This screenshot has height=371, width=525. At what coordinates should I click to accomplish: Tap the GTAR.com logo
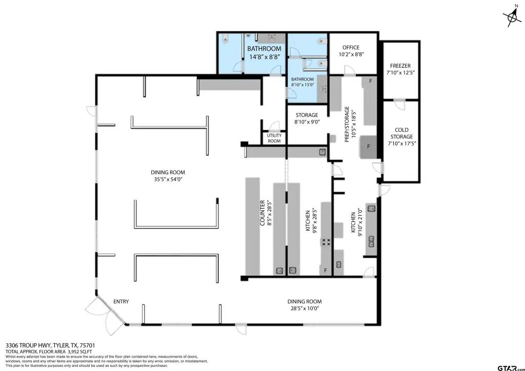(x=510, y=367)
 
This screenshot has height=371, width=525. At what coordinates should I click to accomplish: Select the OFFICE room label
(x=351, y=48)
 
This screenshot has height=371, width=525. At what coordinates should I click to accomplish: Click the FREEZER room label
(x=400, y=66)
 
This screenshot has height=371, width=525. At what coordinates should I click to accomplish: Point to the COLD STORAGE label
(x=401, y=133)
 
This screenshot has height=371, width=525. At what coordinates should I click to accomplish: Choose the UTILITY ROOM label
(x=274, y=138)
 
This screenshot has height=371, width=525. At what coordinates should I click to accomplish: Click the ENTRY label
(x=121, y=301)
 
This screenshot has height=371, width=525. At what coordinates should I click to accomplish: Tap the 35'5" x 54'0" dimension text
(x=168, y=179)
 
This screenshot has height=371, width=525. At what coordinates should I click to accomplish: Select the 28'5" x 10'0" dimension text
(x=305, y=308)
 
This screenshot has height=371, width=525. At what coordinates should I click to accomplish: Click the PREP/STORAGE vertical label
(x=347, y=125)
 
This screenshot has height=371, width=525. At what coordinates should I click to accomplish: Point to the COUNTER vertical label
(x=262, y=213)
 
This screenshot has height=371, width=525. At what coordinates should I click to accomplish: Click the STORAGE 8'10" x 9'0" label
(x=307, y=118)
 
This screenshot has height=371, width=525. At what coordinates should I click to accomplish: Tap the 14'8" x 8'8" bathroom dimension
(x=265, y=57)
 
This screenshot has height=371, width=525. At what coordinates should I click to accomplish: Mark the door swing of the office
(x=349, y=70)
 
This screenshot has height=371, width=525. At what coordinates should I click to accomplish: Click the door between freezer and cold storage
(x=399, y=105)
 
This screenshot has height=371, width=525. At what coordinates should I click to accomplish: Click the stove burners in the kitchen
(x=326, y=241)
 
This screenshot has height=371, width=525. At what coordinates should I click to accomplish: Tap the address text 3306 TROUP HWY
(x=28, y=345)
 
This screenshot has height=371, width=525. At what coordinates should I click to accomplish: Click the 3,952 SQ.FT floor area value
(x=79, y=352)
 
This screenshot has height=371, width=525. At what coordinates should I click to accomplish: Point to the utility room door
(x=274, y=126)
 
